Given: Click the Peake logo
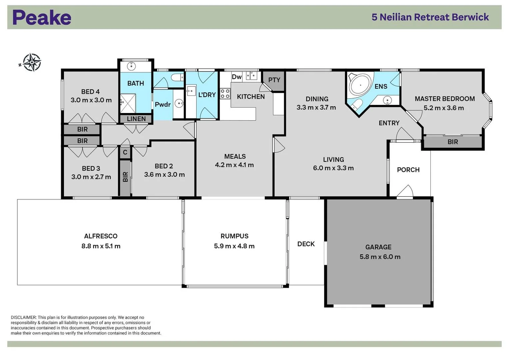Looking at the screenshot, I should click(42, 17).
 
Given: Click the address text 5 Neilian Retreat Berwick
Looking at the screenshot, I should click(430, 17).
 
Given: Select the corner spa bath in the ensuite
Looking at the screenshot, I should click(360, 85).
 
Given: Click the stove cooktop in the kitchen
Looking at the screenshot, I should click(225, 93).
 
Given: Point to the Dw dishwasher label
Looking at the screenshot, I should click(237, 77).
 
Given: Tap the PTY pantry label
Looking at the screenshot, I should click(274, 80).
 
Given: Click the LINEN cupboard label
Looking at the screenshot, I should click(136, 119).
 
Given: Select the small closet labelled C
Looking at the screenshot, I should click(125, 152).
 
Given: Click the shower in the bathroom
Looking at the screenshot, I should click(128, 104).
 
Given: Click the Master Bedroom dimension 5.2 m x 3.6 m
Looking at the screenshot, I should click(444, 108).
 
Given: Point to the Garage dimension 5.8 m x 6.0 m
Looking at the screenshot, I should click(380, 257).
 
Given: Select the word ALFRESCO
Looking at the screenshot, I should click(101, 236).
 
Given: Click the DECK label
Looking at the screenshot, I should click(306, 244).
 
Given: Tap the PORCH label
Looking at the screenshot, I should click(408, 170).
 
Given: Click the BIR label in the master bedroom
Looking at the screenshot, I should click(452, 142).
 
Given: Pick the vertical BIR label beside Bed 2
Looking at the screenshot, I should click(125, 177).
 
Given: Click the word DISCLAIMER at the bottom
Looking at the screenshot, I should click(23, 317).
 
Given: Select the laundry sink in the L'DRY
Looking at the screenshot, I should click(191, 90).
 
